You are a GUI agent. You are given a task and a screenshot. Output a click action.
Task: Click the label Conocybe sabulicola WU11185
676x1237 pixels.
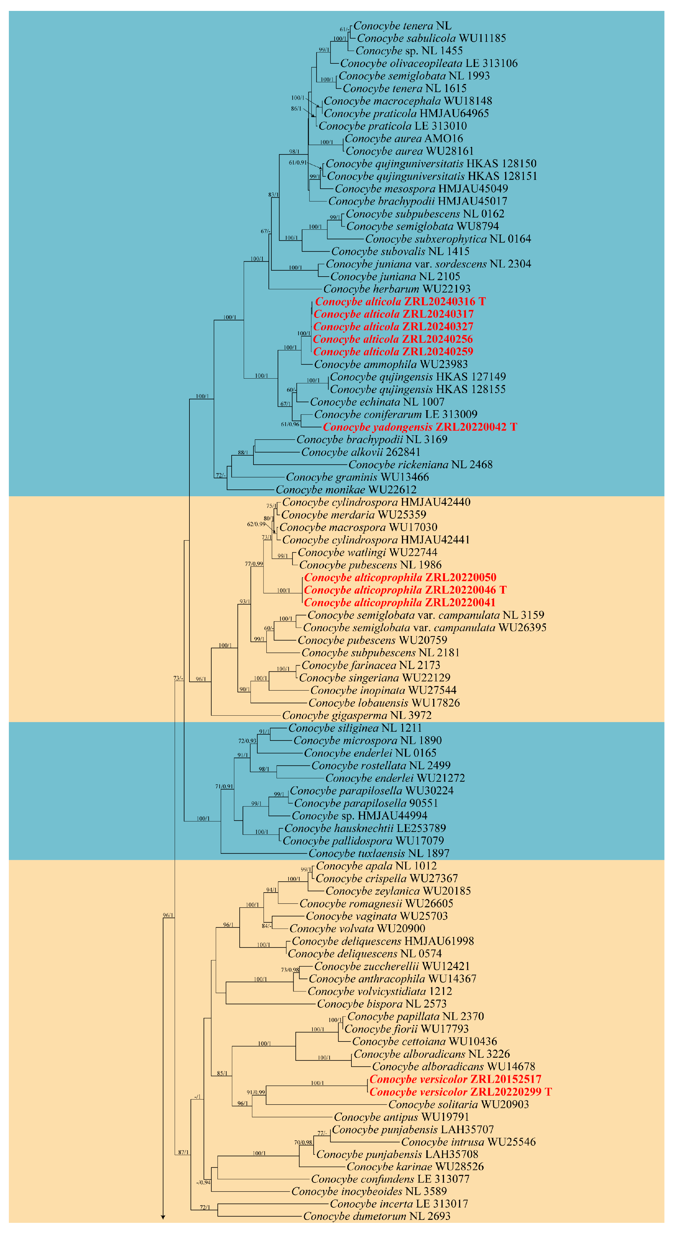(431, 38)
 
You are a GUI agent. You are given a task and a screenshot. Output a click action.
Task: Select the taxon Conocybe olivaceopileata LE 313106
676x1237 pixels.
(428, 63)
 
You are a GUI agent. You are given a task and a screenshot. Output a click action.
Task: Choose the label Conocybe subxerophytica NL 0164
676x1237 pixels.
(448, 239)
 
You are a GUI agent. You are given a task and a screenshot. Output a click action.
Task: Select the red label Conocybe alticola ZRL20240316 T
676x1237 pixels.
(400, 302)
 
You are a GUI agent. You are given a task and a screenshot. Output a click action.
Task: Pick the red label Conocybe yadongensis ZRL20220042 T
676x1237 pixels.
(419, 427)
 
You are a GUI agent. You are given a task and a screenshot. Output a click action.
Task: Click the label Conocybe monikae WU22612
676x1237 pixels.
(346, 490)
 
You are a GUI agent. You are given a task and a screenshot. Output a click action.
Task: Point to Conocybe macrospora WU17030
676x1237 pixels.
(358, 527)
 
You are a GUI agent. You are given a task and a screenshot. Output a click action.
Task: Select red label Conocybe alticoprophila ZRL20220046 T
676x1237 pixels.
(405, 590)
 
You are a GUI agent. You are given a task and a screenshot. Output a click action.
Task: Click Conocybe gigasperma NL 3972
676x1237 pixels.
(356, 715)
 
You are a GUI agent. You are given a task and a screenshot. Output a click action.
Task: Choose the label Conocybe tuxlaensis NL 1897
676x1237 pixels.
(379, 853)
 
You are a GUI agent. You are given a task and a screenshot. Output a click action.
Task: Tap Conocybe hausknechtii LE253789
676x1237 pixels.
(365, 828)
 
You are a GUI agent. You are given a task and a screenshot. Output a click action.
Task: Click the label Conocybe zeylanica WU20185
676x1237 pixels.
(398, 891)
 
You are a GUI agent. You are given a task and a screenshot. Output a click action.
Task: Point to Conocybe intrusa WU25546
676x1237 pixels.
(468, 1142)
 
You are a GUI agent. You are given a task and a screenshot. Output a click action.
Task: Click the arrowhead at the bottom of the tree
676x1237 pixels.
(163, 1217)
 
